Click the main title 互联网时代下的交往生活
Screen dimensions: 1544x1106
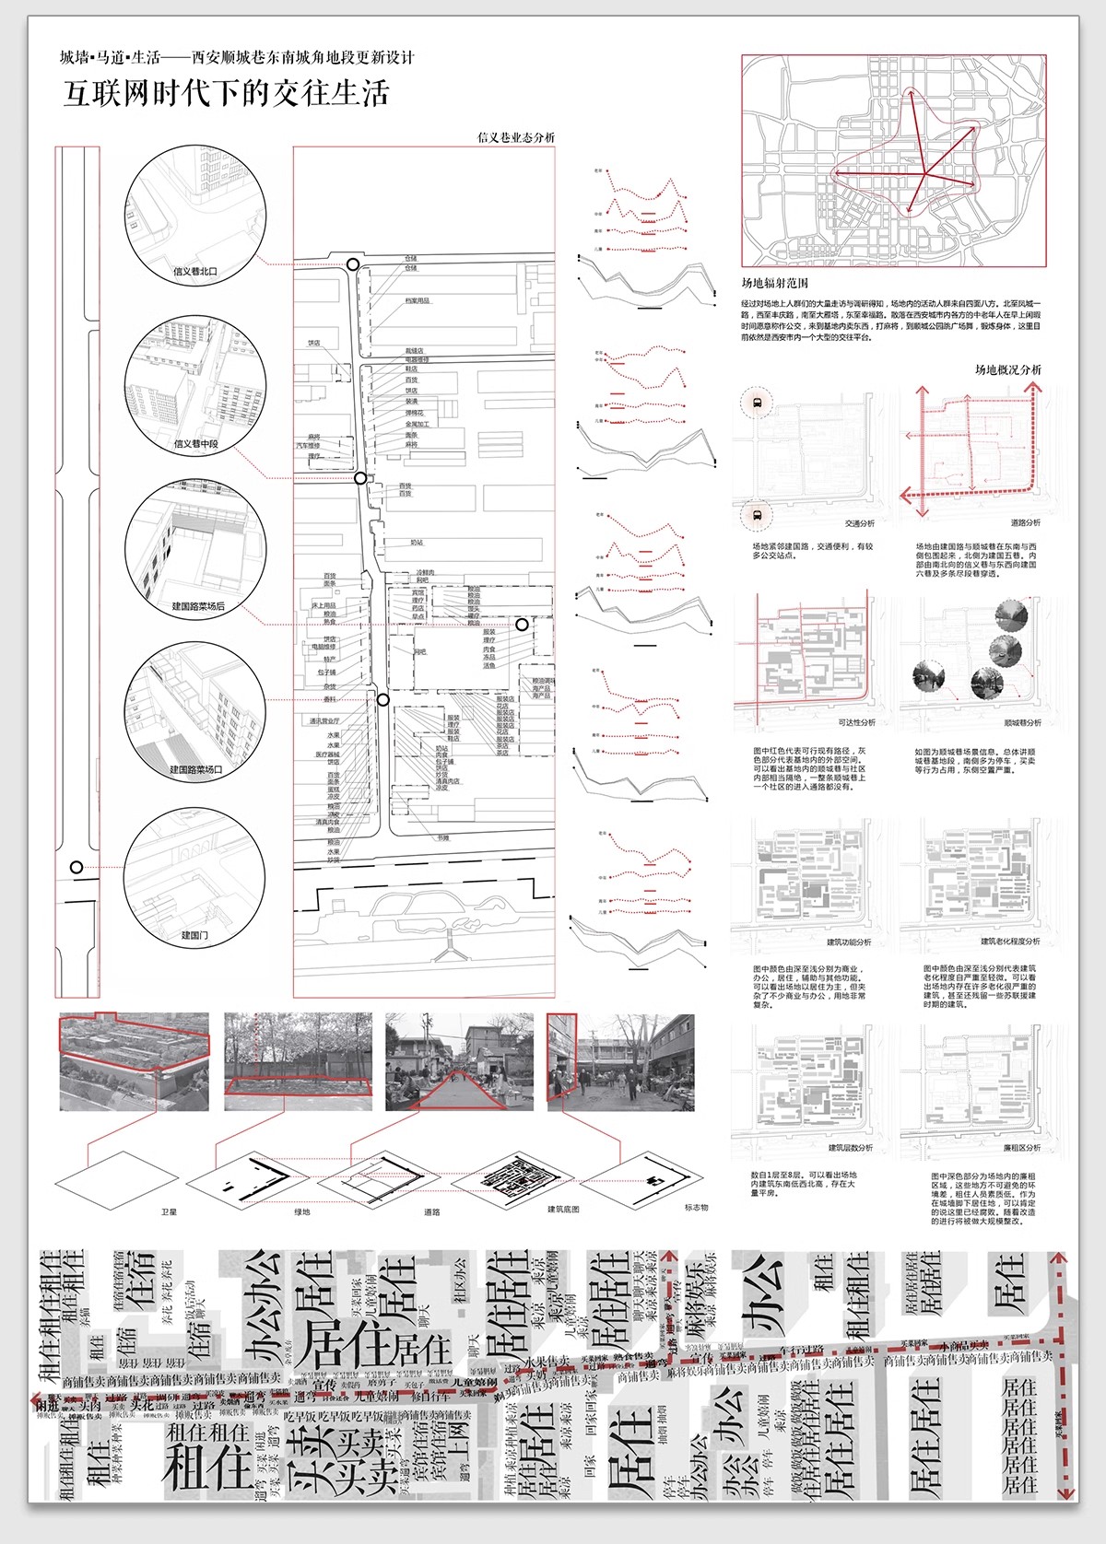[x=226, y=93]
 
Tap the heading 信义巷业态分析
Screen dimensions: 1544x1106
[x=516, y=137]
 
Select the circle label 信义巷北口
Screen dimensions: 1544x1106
[x=195, y=271]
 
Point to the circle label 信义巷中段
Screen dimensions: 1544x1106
[x=195, y=443]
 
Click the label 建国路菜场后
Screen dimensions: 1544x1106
[x=198, y=606]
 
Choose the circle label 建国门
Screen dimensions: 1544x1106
[x=194, y=934]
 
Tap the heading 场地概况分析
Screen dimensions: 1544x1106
[x=1008, y=369]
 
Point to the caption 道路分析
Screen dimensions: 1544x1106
[x=1025, y=522]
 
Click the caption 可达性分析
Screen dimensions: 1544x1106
[x=856, y=722]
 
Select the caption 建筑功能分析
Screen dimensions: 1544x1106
[x=848, y=942]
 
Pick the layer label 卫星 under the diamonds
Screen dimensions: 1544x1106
[x=169, y=1212]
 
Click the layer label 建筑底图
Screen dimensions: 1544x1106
[x=563, y=1209]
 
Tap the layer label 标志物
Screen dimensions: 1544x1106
[x=696, y=1207]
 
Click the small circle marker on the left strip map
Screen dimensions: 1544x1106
[x=77, y=867]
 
